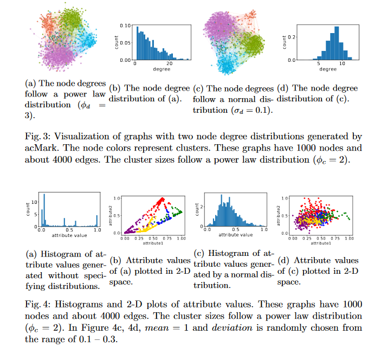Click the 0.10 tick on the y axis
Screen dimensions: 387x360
coord(125,25)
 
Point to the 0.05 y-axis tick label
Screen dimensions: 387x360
coord(125,43)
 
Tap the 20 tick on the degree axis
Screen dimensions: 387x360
coord(169,63)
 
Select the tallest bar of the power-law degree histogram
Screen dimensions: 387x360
coord(138,43)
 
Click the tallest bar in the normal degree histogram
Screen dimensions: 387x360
coord(337,43)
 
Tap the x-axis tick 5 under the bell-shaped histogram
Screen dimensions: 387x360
coord(319,63)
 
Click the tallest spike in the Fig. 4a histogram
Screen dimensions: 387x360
coord(44,210)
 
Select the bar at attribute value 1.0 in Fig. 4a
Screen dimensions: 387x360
coord(96,221)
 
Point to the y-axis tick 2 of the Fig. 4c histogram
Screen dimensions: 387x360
coord(202,207)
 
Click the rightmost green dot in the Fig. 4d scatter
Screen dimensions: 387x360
coord(349,219)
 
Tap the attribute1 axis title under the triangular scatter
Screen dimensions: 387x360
coord(153,243)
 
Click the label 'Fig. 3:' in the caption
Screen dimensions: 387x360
coord(38,137)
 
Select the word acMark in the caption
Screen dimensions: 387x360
coord(42,148)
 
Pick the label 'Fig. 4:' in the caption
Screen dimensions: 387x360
coord(38,305)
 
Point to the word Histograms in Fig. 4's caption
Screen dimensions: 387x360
coord(79,305)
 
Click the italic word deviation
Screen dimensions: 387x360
coord(232,327)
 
